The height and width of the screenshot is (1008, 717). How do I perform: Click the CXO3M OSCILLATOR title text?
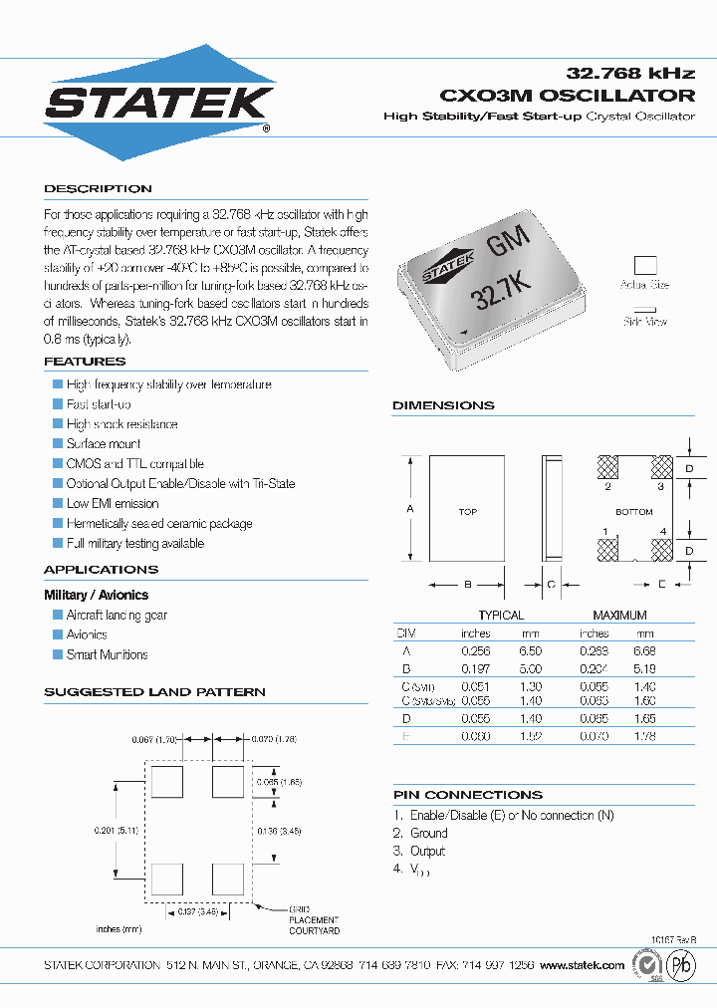coord(567,96)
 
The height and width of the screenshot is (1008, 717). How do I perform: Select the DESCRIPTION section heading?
coord(98,189)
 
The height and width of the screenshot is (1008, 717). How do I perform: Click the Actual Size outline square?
coord(646,265)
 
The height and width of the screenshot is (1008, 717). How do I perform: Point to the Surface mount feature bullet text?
coord(104,444)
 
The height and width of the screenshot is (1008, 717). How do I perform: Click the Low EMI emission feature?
coord(113,504)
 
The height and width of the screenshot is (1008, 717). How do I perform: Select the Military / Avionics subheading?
coord(96,595)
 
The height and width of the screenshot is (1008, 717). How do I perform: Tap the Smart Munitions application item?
coord(107,655)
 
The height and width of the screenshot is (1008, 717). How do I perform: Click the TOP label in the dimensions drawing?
coord(467,512)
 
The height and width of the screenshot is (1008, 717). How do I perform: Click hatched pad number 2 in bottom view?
coord(607,468)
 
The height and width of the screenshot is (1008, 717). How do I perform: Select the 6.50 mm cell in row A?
coord(530,649)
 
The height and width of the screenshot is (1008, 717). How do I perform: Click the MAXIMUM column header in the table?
coord(619,616)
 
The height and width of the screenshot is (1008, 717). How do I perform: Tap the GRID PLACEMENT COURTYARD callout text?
coord(314,920)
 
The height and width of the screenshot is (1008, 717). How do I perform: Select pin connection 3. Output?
coord(419,852)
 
